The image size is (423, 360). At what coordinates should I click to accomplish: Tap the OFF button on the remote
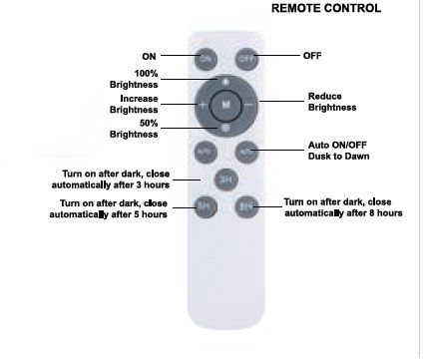(246, 59)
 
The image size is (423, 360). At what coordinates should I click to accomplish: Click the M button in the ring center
(225, 105)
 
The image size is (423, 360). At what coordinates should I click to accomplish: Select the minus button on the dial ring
(249, 105)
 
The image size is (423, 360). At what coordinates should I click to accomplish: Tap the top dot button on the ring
(225, 82)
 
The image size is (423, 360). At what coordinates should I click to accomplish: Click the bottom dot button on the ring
(225, 129)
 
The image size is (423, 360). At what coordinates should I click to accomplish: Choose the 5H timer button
(206, 206)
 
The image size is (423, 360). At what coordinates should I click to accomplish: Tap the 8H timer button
(246, 206)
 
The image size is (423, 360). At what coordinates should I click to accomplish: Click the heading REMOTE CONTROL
(326, 8)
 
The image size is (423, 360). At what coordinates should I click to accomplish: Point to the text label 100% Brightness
(134, 79)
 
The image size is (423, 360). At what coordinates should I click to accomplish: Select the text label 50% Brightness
(134, 129)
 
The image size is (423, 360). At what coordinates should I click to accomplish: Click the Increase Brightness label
(134, 104)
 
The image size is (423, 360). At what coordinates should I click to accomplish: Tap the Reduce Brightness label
(332, 102)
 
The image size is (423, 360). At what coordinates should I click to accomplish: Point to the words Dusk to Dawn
(338, 157)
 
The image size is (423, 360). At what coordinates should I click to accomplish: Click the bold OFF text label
(312, 56)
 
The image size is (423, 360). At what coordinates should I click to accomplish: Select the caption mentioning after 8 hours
(343, 207)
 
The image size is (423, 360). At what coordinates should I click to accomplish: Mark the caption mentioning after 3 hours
(111, 180)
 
